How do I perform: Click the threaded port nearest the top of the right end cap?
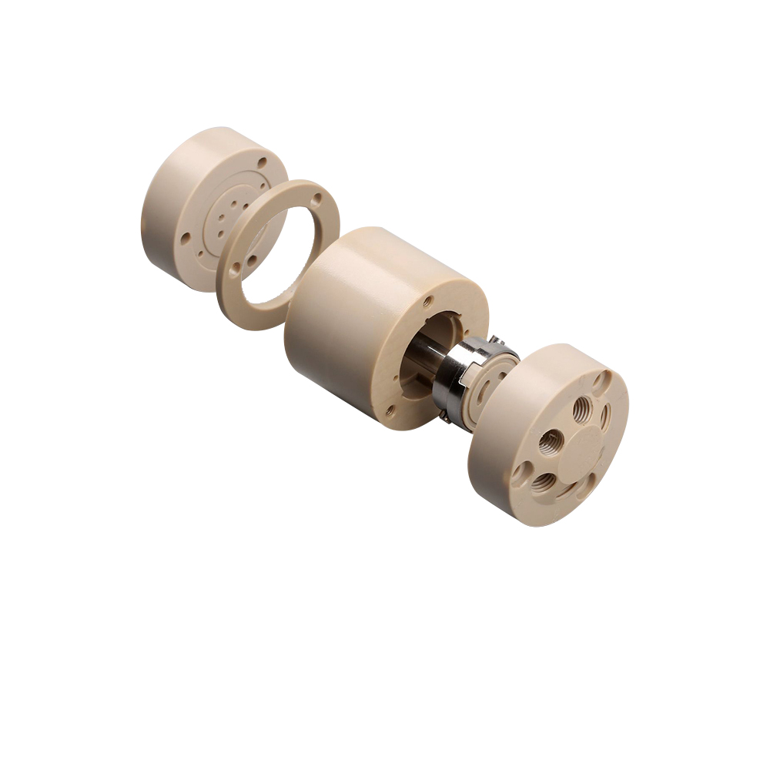coord(582,406)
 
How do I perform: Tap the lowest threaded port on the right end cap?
coord(545,483)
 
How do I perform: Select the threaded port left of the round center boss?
coord(551,442)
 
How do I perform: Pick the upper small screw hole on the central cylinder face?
coord(429,301)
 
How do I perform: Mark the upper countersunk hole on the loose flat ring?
coord(316,199)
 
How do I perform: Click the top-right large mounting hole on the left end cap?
coord(263,162)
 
